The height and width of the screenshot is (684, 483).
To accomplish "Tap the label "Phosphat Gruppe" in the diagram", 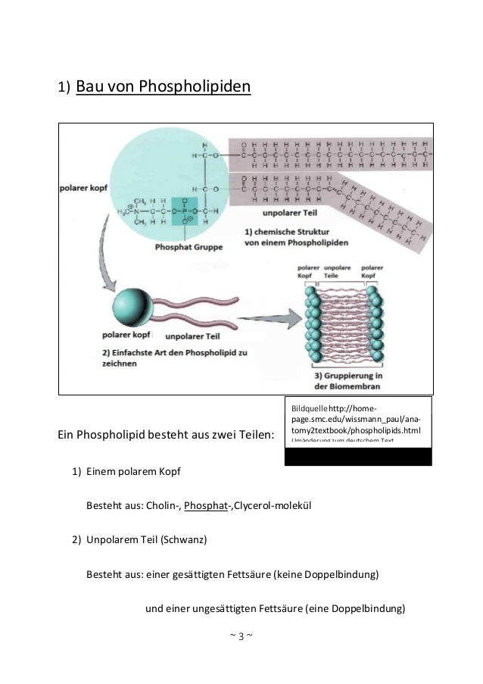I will [187, 246].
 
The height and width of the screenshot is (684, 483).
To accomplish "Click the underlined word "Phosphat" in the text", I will [207, 505].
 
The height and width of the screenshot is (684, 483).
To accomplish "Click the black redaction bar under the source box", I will [358, 456].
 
